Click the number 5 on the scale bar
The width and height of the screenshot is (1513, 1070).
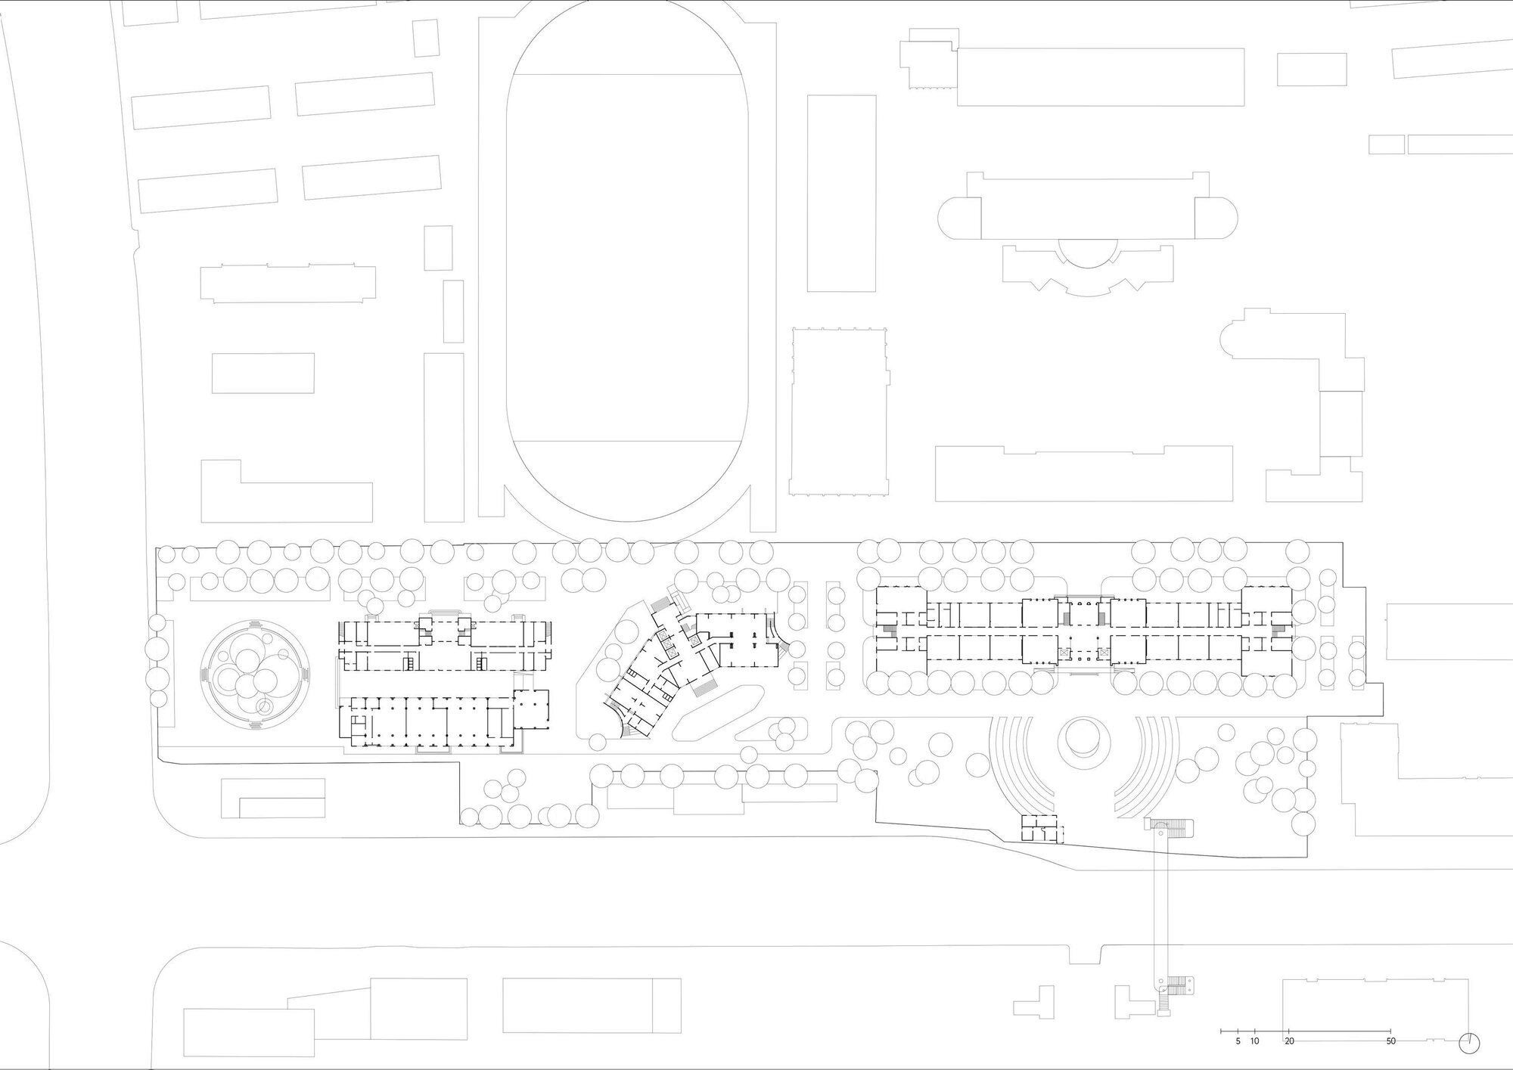pos(1238,1041)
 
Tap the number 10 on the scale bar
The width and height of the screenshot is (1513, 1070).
pos(1254,1041)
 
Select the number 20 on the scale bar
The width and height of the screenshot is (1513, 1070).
pos(1289,1041)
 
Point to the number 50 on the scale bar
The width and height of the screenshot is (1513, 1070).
pos(1390,1041)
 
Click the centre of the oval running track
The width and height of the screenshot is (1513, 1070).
pos(629,257)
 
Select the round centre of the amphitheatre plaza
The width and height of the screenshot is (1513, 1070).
pos(1083,738)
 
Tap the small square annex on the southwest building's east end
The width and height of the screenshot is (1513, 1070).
pos(531,707)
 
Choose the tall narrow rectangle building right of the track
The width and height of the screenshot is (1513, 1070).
pos(841,193)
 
